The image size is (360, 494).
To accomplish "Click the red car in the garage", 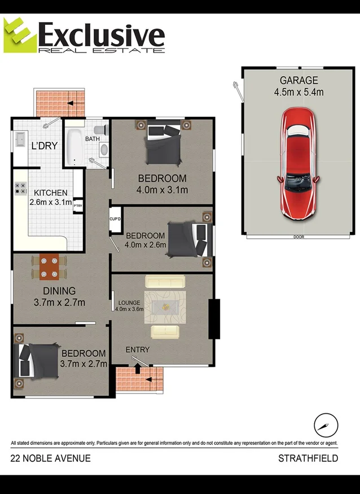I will [x=298, y=164].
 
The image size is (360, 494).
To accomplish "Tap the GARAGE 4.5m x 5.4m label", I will [x=298, y=86].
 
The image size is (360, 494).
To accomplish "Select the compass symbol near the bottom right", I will [x=326, y=425].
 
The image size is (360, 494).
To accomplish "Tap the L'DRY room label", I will [x=44, y=146].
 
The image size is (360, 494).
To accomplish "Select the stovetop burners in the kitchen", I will [x=21, y=189].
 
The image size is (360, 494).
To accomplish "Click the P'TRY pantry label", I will [x=78, y=206].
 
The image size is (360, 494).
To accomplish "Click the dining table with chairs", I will [x=49, y=267].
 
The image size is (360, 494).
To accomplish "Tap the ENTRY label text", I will [x=137, y=350].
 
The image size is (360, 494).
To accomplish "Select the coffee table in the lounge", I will [x=165, y=307].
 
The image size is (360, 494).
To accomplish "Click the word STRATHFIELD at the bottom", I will [x=308, y=458].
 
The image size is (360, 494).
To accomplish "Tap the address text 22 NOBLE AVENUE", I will [x=50, y=458].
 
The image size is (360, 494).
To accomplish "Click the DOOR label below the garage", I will [x=298, y=237].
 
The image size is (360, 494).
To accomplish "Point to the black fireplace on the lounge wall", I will [x=214, y=319].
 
